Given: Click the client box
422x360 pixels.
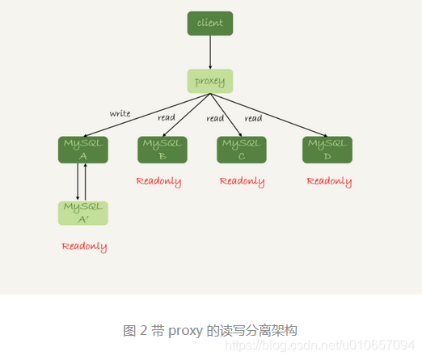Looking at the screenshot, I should pyautogui.click(x=210, y=23).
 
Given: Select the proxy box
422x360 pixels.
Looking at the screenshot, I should pyautogui.click(x=210, y=81).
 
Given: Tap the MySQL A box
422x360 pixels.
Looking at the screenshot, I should pyautogui.click(x=83, y=150).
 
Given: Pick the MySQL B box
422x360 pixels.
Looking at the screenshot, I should pyautogui.click(x=162, y=150).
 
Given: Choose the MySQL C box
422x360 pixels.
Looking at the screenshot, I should pyautogui.click(x=242, y=150).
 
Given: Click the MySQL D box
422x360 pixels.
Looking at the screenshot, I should pyautogui.click(x=327, y=150).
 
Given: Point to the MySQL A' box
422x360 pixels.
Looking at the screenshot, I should pyautogui.click(x=83, y=213).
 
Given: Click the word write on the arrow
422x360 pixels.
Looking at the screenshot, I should pyautogui.click(x=120, y=113).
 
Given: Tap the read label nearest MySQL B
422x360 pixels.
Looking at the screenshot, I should pyautogui.click(x=167, y=117).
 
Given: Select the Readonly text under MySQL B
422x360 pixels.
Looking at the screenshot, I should pyautogui.click(x=158, y=181).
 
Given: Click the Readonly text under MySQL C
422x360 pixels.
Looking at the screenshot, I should pyautogui.click(x=242, y=181).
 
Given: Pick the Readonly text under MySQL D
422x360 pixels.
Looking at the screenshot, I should pyautogui.click(x=329, y=181).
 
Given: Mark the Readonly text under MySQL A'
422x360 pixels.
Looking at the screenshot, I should pyautogui.click(x=84, y=246).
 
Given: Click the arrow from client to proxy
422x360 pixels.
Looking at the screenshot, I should pyautogui.click(x=210, y=52).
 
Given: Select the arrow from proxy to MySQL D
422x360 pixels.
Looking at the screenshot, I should pyautogui.click(x=271, y=115).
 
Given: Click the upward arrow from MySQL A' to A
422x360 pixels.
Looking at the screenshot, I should pyautogui.click(x=85, y=182).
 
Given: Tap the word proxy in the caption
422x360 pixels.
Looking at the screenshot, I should pyautogui.click(x=186, y=330).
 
